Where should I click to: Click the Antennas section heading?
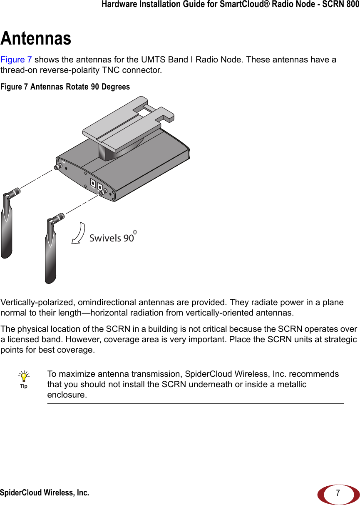(x=36, y=38)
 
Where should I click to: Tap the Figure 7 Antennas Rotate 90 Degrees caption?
(x=65, y=87)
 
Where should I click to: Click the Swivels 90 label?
(x=112, y=238)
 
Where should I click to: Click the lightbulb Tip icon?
(x=24, y=377)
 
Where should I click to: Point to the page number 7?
(x=338, y=493)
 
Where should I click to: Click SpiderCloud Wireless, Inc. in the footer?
(x=44, y=493)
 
